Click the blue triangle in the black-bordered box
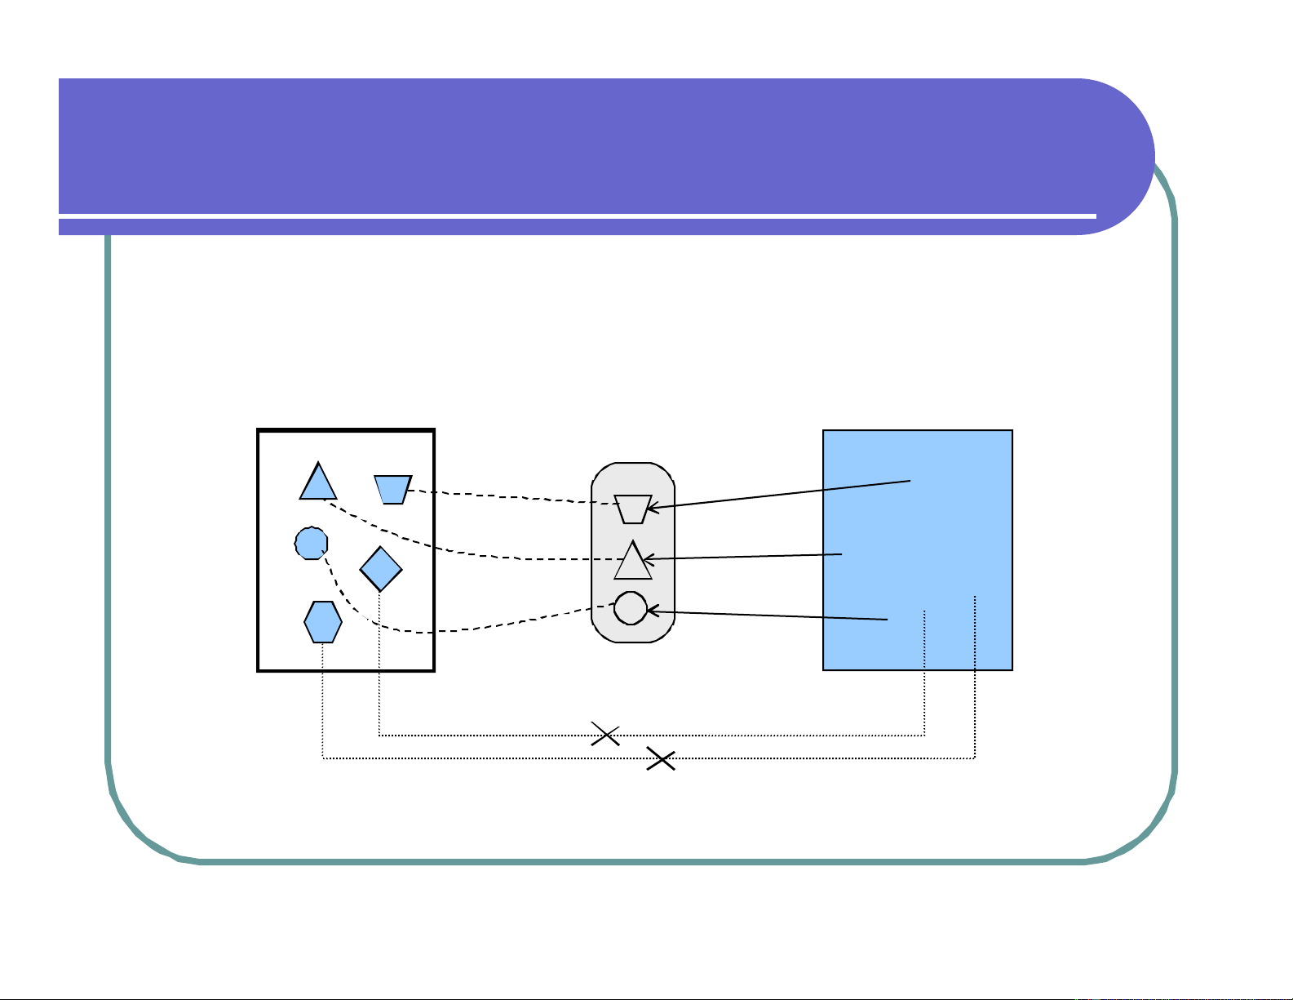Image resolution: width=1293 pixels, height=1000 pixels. (318, 484)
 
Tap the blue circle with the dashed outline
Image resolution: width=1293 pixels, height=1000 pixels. (311, 542)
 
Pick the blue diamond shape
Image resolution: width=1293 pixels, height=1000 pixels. (381, 568)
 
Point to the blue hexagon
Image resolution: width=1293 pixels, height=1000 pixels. (323, 622)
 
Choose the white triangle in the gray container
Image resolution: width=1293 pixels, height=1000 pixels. (633, 562)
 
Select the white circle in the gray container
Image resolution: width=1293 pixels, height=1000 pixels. (631, 608)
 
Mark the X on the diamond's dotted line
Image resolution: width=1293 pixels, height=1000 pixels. (605, 735)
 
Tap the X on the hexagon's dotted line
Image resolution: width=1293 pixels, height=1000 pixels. (661, 760)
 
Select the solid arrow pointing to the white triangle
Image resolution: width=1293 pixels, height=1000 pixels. (742, 557)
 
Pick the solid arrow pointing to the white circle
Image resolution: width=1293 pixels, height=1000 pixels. (767, 615)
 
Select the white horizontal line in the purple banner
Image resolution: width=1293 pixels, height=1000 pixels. (571, 216)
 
